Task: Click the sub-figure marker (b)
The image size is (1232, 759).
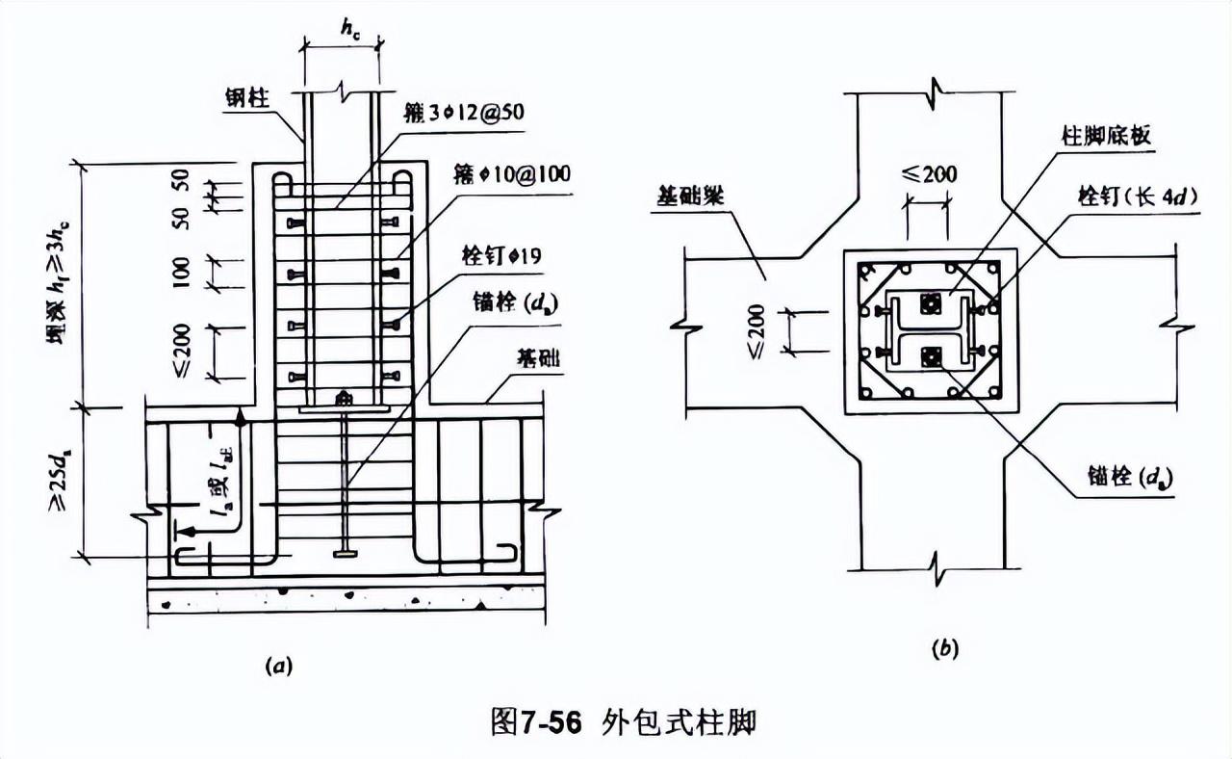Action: pyautogui.click(x=944, y=650)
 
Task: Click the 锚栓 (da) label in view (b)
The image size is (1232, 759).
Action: pyautogui.click(x=1131, y=475)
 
